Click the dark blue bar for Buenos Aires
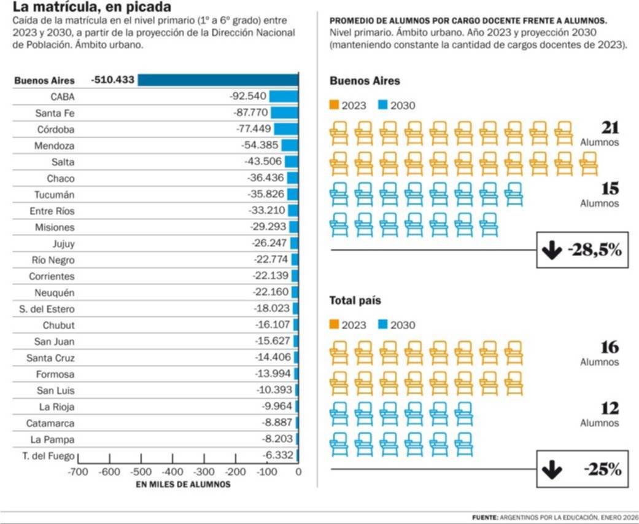pyautogui.click(x=218, y=80)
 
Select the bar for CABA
pyautogui.click(x=284, y=96)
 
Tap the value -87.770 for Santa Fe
pyautogui.click(x=250, y=113)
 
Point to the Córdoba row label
pyautogui.click(x=56, y=130)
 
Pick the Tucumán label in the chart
pyautogui.click(x=55, y=195)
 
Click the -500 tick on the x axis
pyautogui.click(x=141, y=472)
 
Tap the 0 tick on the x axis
pyautogui.click(x=298, y=472)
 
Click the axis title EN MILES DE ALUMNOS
pyautogui.click(x=183, y=484)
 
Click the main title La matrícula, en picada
pyautogui.click(x=92, y=8)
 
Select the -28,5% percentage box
pyautogui.click(x=583, y=250)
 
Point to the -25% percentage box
pyautogui.click(x=583, y=470)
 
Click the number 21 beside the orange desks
pyautogui.click(x=610, y=127)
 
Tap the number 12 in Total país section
pyautogui.click(x=610, y=408)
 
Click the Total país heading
pyautogui.click(x=355, y=301)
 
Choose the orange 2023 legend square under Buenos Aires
pyautogui.click(x=335, y=105)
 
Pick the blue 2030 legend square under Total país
pyautogui.click(x=383, y=324)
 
